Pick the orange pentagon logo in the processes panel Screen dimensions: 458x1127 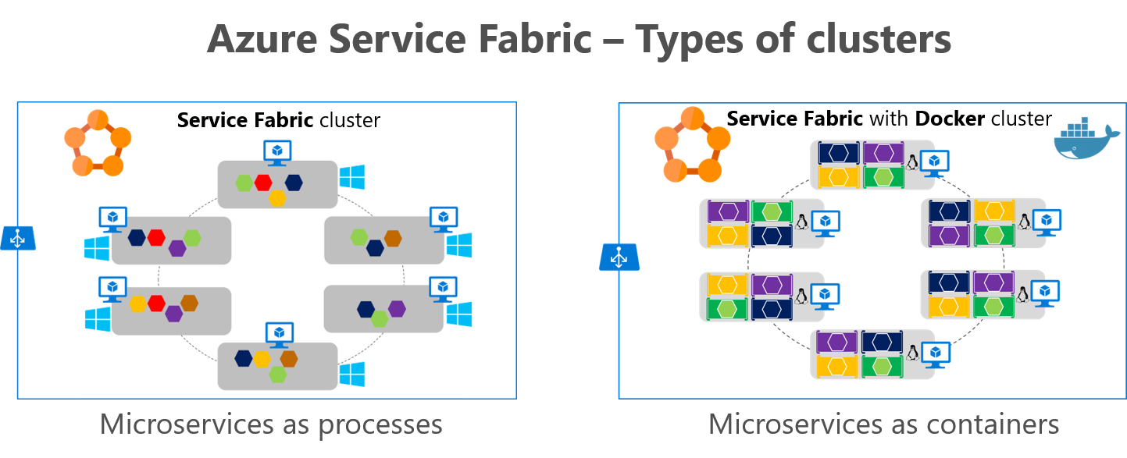click(x=96, y=143)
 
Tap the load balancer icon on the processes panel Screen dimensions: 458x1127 click(x=18, y=238)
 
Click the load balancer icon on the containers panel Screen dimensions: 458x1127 click(x=619, y=257)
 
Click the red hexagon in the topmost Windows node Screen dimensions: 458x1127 click(x=262, y=183)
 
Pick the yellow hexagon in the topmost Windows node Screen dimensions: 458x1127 click(x=277, y=197)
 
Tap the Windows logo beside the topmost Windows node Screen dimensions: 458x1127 click(x=352, y=177)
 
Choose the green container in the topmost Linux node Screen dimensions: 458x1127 click(x=883, y=177)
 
